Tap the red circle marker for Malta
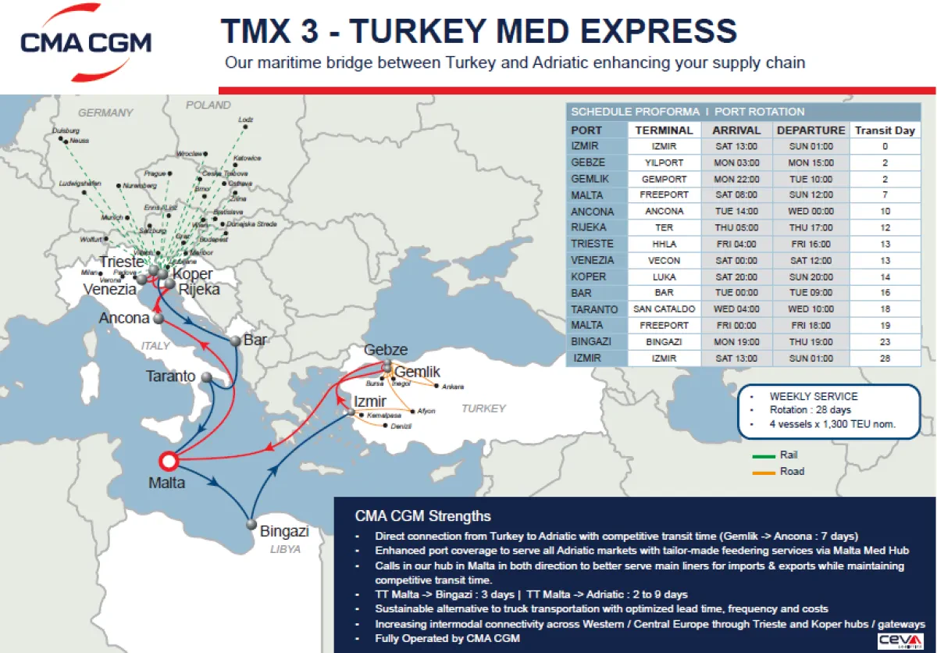pos(169,460)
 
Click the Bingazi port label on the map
pos(284,532)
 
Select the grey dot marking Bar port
pos(235,341)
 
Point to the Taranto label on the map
pos(170,376)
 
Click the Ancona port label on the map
pos(123,318)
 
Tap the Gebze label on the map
pos(386,350)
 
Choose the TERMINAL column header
pos(664,130)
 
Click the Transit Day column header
pos(884,130)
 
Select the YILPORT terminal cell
pos(664,163)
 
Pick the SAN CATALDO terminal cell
pos(664,309)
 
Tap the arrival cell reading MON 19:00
pos(737,342)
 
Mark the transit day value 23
pos(884,342)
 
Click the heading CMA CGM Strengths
pos(422,516)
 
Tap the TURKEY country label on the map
pos(483,409)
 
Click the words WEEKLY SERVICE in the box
pos(813,397)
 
